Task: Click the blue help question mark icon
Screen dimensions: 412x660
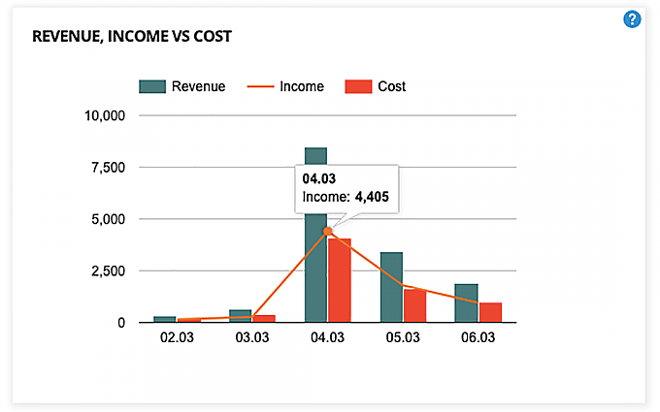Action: coord(632,18)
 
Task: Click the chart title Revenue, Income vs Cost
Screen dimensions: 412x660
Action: coord(132,37)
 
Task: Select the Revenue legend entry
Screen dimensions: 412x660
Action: coord(182,86)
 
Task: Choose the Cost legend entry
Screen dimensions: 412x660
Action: coord(376,86)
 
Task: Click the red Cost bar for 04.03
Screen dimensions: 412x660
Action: coord(339,281)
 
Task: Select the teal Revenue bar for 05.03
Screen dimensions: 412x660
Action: coord(391,287)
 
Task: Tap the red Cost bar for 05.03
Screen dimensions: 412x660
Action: coord(414,305)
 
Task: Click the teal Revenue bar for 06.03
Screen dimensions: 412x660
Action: coord(467,302)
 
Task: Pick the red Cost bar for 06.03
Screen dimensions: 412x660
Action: coord(490,312)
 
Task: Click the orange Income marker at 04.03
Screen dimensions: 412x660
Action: coord(328,231)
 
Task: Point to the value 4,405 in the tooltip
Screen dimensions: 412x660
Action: coord(371,198)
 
